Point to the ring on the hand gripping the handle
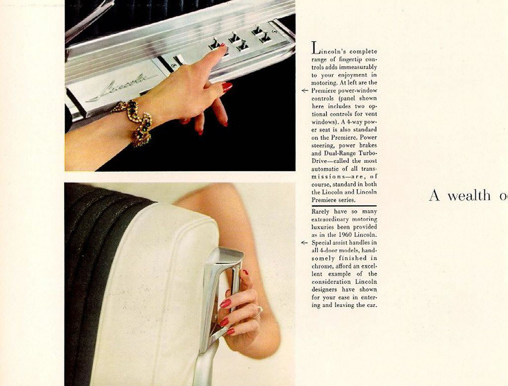coord(259,312)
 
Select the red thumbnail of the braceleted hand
coord(227,87)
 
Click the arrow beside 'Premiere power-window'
coord(305,91)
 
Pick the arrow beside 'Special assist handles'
coord(304,242)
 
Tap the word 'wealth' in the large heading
coord(469,195)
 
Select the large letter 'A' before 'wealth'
coord(435,195)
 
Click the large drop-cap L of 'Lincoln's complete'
coord(315,48)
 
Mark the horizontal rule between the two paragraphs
coord(344,206)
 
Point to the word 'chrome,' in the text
coord(322,266)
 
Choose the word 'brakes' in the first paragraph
coord(368,146)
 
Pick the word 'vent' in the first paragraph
coord(371,114)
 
